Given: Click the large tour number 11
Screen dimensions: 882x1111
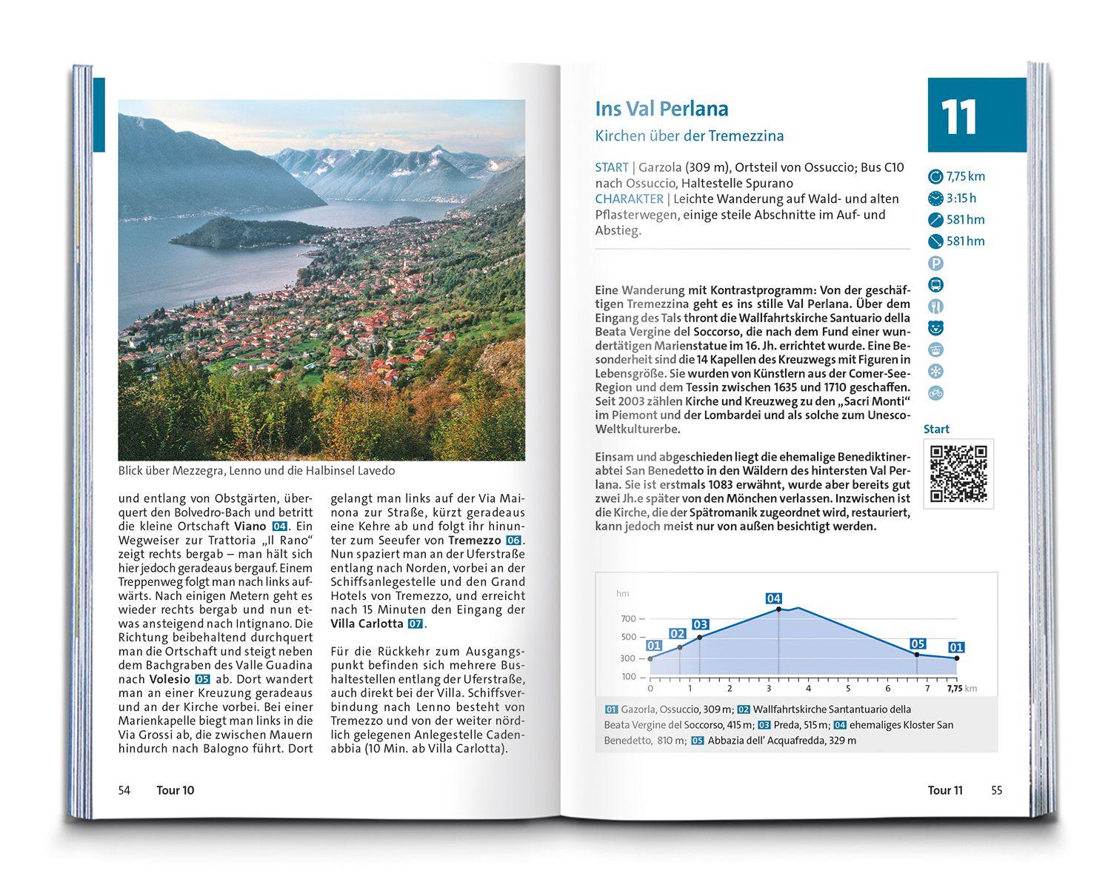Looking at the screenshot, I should tap(960, 117).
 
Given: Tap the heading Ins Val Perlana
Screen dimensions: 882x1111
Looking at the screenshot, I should tap(661, 109).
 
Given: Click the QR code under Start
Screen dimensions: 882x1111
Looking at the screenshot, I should tap(958, 474).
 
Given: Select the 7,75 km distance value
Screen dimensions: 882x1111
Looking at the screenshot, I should tap(965, 176).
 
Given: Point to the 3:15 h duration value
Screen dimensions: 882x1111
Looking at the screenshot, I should tap(961, 198).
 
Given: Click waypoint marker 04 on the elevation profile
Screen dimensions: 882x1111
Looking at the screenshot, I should tap(774, 598).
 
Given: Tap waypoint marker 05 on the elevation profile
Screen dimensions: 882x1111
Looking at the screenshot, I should tap(918, 644).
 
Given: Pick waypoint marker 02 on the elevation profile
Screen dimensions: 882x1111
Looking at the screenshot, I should tap(678, 634).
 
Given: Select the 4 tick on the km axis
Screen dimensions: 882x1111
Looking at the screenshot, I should tap(808, 689).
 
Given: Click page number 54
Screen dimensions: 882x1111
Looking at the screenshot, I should tap(124, 790).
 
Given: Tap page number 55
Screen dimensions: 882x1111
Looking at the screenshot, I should tap(996, 790).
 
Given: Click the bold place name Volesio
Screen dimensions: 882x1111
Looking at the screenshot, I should tap(170, 679).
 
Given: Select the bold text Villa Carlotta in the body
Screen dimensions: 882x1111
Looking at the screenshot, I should tap(367, 624).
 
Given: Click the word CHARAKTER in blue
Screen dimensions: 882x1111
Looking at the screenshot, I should tap(629, 199).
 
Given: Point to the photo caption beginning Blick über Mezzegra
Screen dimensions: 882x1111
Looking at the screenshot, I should tap(256, 471).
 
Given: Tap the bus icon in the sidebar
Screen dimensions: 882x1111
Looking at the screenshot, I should tap(935, 285).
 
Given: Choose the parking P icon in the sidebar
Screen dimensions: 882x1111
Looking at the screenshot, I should tap(935, 263).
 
